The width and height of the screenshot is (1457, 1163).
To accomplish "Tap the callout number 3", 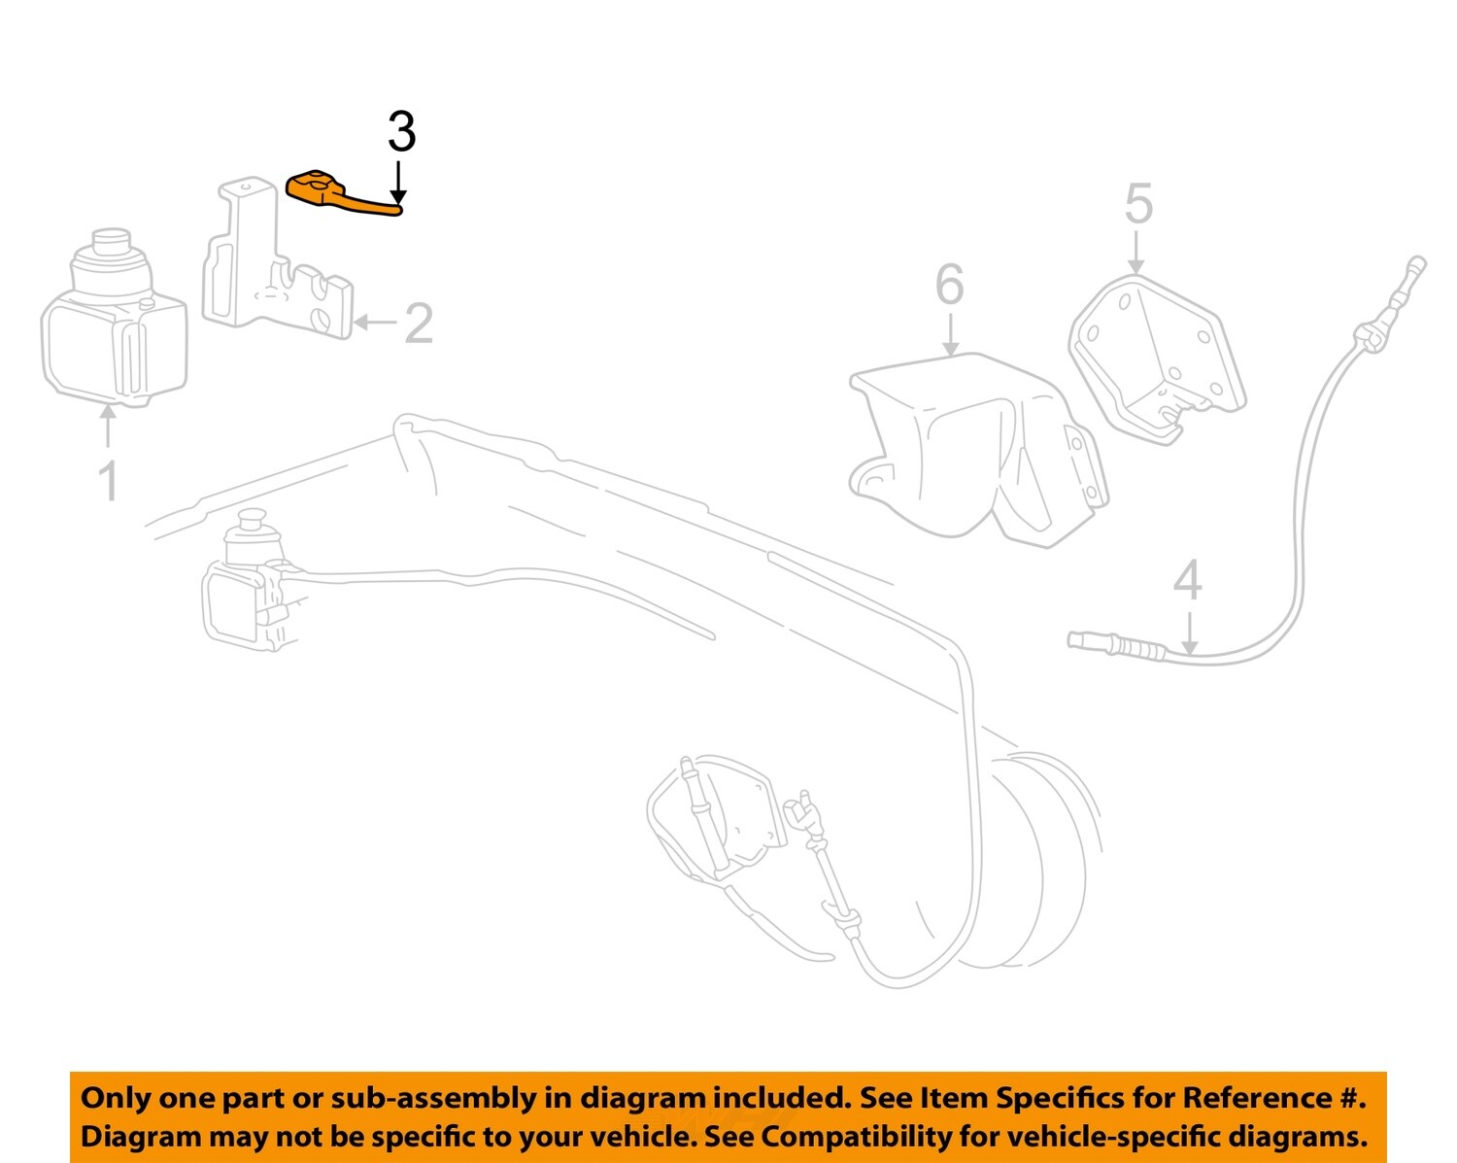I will pyautogui.click(x=401, y=132).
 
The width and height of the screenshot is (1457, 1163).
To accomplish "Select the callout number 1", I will pyautogui.click(x=109, y=481).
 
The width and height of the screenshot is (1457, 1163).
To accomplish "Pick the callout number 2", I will pyautogui.click(x=418, y=324).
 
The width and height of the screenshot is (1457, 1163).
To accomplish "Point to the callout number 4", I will pyautogui.click(x=1187, y=580).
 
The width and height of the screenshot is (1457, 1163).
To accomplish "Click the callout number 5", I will pyautogui.click(x=1138, y=205).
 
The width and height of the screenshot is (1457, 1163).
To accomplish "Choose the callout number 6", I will pyautogui.click(x=949, y=286).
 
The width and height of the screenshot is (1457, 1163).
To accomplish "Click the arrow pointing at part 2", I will pyautogui.click(x=374, y=323).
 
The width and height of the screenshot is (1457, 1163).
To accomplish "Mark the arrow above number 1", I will pyautogui.click(x=109, y=428).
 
